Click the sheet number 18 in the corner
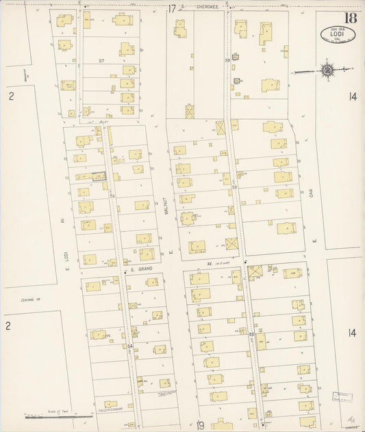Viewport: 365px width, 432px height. coord(350,18)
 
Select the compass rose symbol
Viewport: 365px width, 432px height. coord(327,70)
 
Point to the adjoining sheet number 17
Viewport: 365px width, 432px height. coord(172,9)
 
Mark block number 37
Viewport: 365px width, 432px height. coord(101,61)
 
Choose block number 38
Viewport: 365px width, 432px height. coord(227,61)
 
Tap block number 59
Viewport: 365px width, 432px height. coord(111,195)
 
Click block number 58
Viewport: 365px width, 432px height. coord(234,187)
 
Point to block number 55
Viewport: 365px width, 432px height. coord(251,334)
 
